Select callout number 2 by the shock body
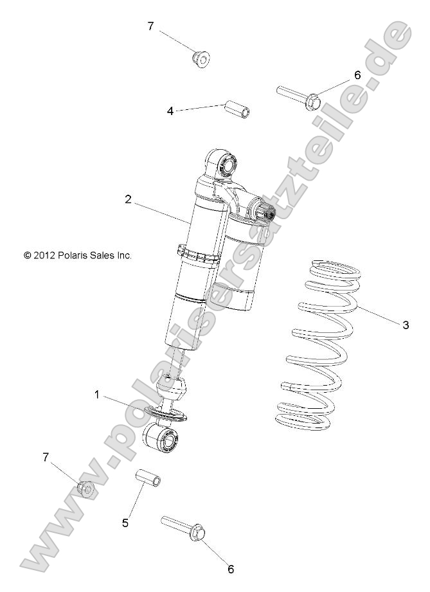(129, 200)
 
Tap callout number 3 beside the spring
(405, 325)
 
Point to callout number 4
(170, 111)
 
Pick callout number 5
(125, 523)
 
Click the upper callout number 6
(357, 75)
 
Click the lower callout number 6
(231, 568)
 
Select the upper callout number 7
(151, 26)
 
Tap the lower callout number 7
(46, 457)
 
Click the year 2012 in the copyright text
(45, 255)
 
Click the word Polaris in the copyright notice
(76, 255)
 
